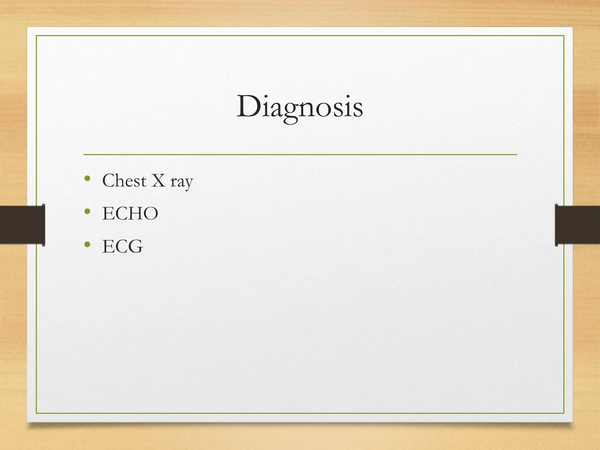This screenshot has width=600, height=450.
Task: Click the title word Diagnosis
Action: click(300, 107)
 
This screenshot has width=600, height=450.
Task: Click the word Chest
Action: click(124, 180)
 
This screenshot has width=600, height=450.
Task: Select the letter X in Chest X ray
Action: click(158, 180)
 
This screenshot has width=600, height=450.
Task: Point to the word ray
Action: click(182, 182)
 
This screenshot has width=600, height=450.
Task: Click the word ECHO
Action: click(130, 213)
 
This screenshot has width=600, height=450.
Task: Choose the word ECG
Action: click(122, 246)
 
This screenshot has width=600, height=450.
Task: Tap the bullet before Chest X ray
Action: click(87, 178)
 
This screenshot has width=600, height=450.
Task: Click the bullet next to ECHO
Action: click(87, 211)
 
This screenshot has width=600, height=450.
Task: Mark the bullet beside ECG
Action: click(87, 244)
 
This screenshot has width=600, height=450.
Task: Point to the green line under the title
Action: click(300, 154)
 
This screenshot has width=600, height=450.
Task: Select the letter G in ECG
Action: click(136, 246)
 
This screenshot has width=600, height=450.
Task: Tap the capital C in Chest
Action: click(109, 180)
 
